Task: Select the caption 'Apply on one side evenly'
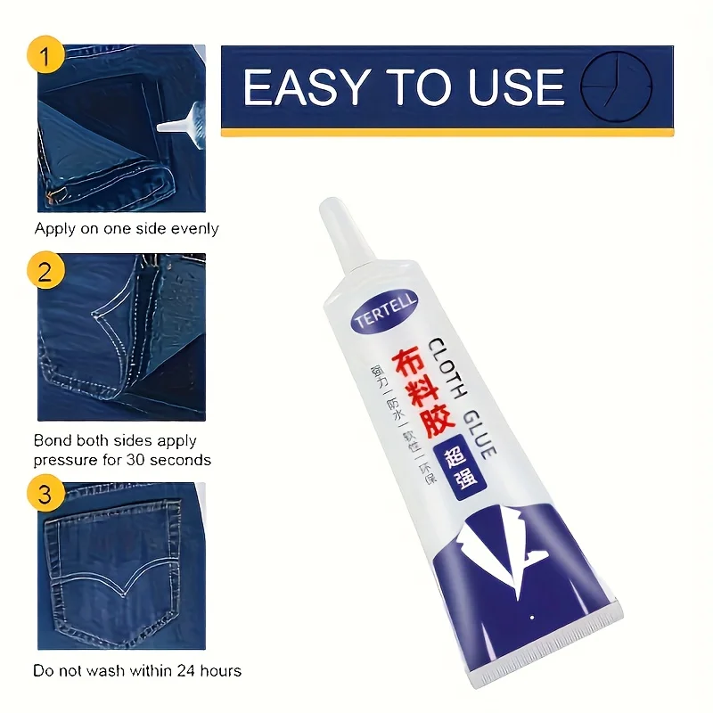point(127,229)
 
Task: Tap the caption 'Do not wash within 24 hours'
point(137,670)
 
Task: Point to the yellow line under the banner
point(447,133)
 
